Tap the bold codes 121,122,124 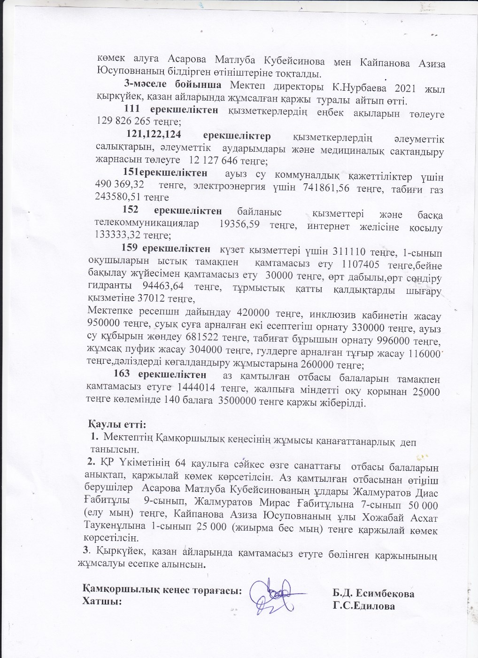(x=154, y=135)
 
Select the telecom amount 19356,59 (x=239, y=225)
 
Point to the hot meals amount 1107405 (x=360, y=264)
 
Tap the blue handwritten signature (x=272, y=596)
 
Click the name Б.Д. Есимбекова (x=373, y=593)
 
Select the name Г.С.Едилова (x=363, y=606)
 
